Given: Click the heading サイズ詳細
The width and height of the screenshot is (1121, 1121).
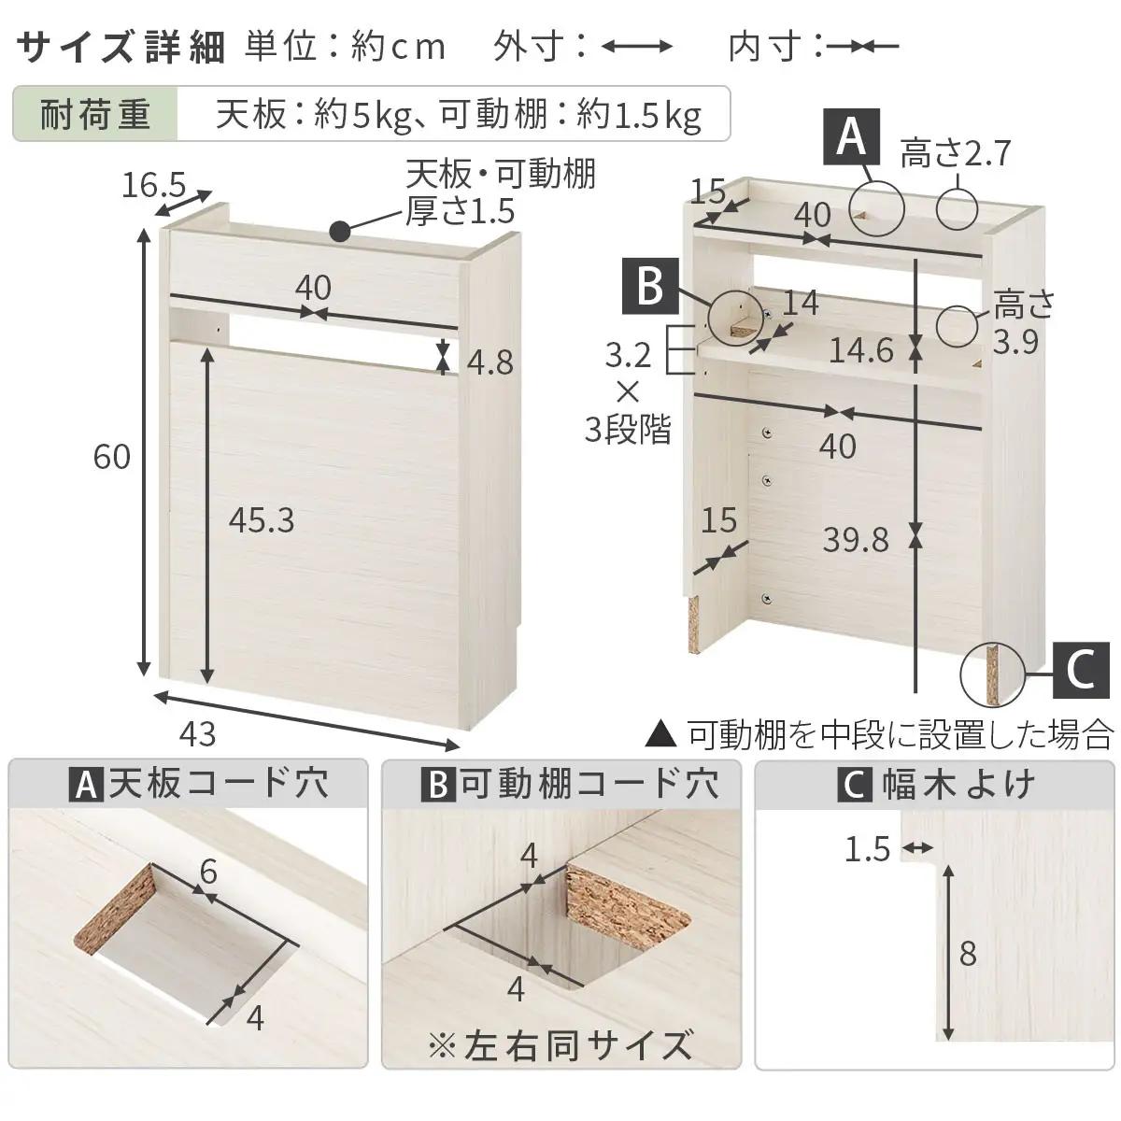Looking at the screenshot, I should click(x=121, y=47).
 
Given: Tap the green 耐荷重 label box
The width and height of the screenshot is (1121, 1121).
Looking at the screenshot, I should click(x=95, y=115).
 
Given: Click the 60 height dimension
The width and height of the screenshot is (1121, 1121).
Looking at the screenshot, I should click(x=112, y=457).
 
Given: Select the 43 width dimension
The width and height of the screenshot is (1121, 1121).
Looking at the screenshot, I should click(x=197, y=734).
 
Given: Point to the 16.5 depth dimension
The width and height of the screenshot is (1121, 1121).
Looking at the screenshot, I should click(x=154, y=186).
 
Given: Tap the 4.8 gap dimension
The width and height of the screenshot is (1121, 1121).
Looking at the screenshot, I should click(x=490, y=362).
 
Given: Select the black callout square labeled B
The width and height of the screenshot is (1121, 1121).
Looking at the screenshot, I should click(x=650, y=286).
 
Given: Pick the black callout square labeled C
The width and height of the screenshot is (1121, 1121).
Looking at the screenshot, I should click(x=1081, y=671).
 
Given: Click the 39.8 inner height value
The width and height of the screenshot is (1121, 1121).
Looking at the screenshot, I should click(x=856, y=539).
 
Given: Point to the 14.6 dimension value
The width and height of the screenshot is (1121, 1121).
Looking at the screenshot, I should click(x=861, y=350).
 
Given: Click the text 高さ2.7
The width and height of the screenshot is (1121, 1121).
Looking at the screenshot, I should click(x=956, y=152).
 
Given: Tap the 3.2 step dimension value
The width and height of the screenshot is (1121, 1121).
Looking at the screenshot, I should click(x=628, y=355).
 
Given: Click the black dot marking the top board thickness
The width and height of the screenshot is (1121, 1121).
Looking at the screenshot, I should click(x=341, y=230).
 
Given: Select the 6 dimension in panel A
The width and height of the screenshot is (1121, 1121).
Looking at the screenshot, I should click(x=207, y=872).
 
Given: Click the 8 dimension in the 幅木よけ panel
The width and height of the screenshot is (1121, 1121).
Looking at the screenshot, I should click(x=967, y=954).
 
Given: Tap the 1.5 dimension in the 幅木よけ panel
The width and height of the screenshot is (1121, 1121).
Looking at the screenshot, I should click(x=867, y=849).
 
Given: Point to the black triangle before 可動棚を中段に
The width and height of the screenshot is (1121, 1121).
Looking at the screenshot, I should click(x=661, y=735).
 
